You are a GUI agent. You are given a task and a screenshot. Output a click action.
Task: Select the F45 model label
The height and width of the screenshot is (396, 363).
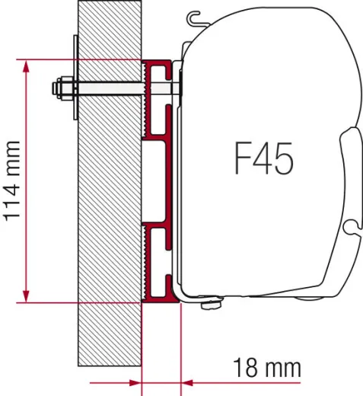pos(263,160)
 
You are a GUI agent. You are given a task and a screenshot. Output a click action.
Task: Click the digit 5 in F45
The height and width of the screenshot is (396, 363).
pos(285,160)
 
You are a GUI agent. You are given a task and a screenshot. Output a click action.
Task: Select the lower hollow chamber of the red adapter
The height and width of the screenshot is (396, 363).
pos(162,263)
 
